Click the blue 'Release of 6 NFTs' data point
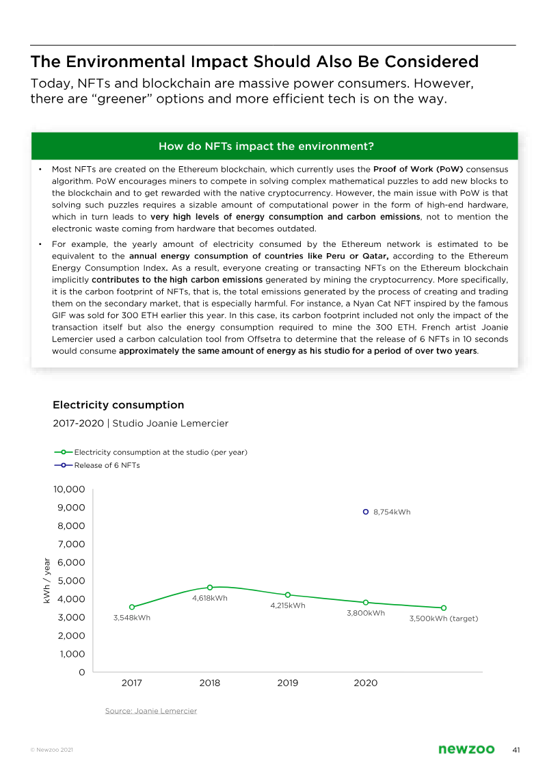point(366,512)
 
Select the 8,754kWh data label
point(392,512)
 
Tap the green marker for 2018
point(210,587)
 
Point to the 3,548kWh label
point(131,618)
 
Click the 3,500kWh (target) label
point(443,618)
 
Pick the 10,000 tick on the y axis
point(68,490)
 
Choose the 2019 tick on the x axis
point(288,683)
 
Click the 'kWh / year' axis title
point(47,581)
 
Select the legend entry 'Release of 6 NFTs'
point(107,465)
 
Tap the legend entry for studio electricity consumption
point(160,452)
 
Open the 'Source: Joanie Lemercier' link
point(150,711)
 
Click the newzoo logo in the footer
point(466,750)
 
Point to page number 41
point(516,750)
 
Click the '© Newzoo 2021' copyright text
point(51,750)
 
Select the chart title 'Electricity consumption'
point(118,405)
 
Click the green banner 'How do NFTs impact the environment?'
point(273,146)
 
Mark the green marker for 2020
point(366,603)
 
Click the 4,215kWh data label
point(288,605)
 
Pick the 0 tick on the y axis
point(81,672)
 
